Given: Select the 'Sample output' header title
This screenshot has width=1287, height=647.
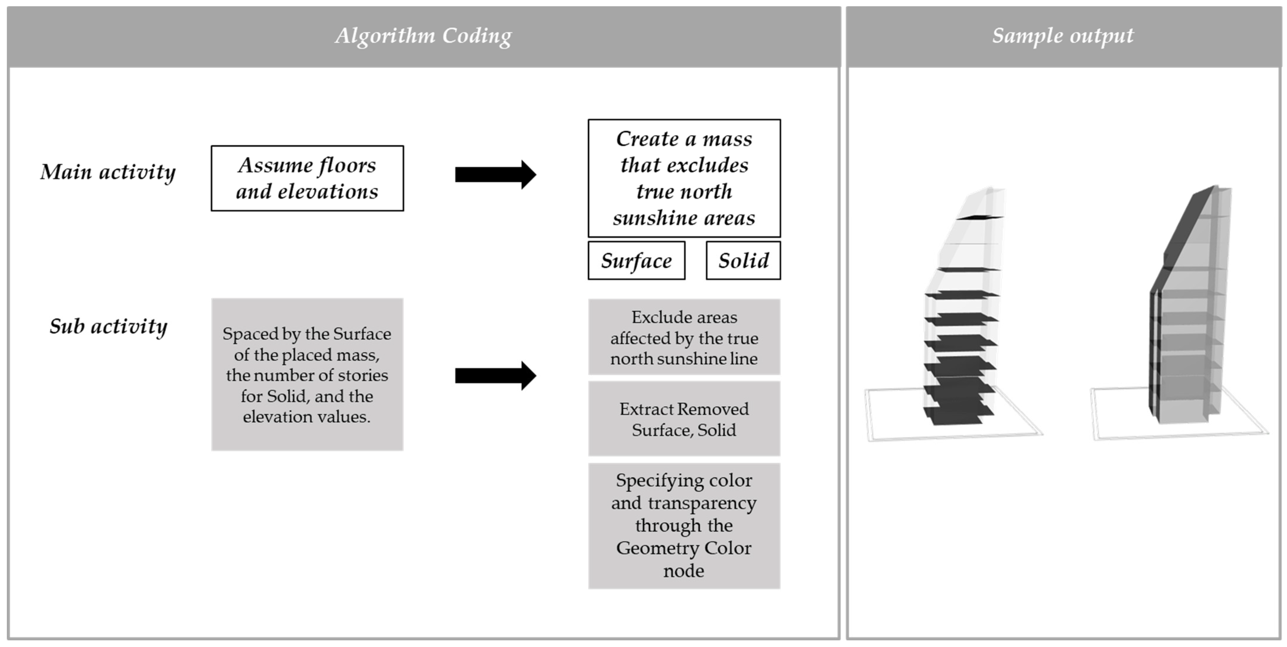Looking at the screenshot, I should [1063, 36].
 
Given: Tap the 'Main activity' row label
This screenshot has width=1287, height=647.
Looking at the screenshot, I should [108, 172].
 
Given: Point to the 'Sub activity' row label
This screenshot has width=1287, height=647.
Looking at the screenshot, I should [108, 327].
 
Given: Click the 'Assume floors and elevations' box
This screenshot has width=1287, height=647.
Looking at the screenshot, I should [307, 178].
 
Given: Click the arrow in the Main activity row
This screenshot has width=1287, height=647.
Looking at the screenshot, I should [495, 175].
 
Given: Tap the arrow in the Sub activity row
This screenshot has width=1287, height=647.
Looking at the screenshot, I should [495, 375].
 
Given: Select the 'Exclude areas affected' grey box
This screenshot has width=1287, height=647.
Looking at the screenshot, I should [684, 338].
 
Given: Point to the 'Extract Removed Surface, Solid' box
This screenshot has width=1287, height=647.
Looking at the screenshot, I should [684, 419].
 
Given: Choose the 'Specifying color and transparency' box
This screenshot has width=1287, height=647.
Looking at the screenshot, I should [684, 525].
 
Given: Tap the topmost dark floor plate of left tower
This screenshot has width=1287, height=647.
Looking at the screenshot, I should [979, 217].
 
